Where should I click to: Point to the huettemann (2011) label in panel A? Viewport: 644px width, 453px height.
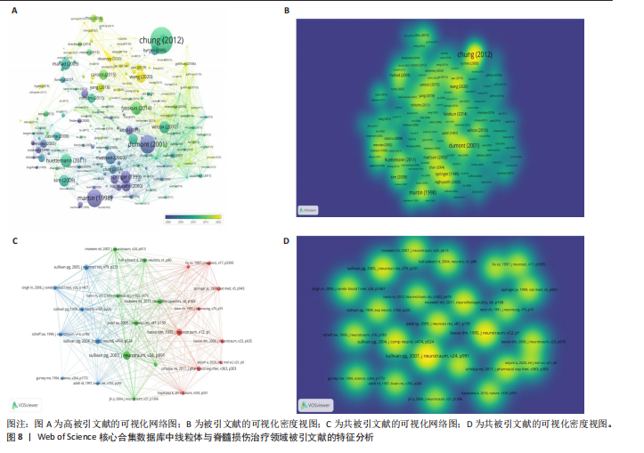[65, 160]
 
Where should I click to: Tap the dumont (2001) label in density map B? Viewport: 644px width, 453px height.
[461, 145]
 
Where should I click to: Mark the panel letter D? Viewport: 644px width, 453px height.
[286, 239]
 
